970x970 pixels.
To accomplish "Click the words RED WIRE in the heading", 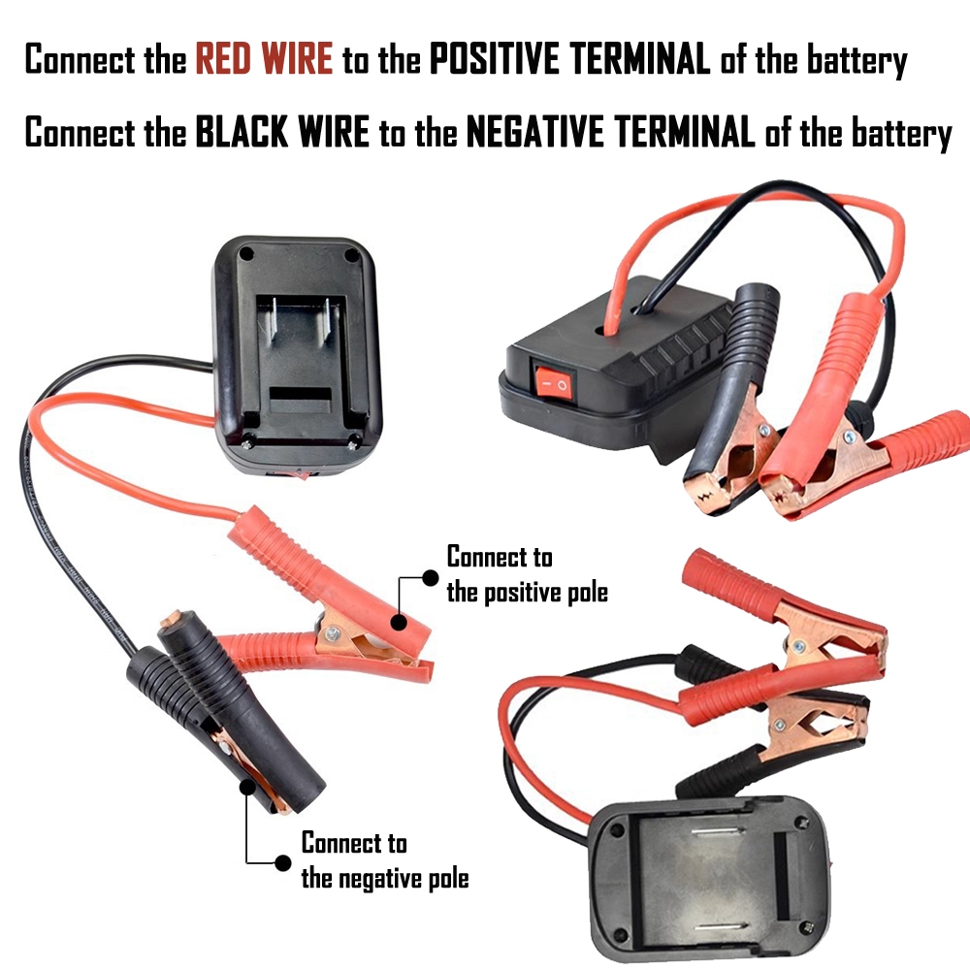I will pyautogui.click(x=264, y=60).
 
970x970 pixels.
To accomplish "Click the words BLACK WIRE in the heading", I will pyautogui.click(x=282, y=133).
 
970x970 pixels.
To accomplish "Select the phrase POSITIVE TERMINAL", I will pyautogui.click(x=570, y=60).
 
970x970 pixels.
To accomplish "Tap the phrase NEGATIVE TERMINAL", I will pyautogui.click(x=610, y=133).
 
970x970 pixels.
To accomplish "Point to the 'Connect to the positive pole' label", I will pyautogui.click(x=527, y=574).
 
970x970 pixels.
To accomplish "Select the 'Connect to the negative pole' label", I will pyautogui.click(x=384, y=860).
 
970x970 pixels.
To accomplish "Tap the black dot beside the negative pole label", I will pyautogui.click(x=283, y=862).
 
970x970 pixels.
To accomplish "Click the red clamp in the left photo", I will pyautogui.click(x=320, y=582).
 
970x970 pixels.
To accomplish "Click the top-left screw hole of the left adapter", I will pyautogui.click(x=246, y=253).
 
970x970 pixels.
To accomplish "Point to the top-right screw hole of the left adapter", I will pyautogui.click(x=350, y=254).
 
